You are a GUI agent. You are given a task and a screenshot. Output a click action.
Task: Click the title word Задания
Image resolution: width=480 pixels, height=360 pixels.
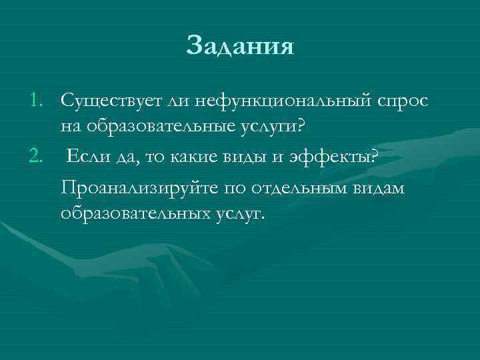click(x=240, y=46)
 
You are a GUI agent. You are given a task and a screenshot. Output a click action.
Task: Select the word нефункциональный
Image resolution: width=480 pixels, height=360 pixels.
click(x=275, y=101)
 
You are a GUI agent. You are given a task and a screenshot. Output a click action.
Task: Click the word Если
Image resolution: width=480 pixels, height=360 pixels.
click(x=89, y=156)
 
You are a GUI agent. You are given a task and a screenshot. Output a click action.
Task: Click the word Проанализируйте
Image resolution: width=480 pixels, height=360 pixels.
click(x=140, y=189)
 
